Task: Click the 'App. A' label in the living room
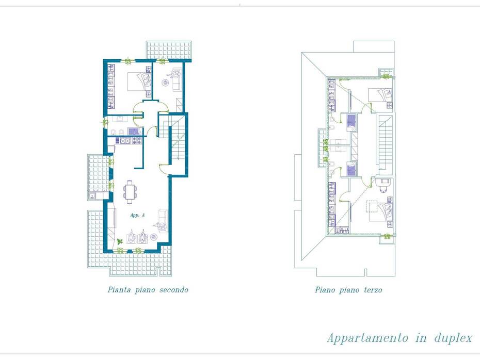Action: [x=137, y=215]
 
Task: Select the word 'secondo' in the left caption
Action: [x=173, y=290]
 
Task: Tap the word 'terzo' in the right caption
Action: [x=373, y=290]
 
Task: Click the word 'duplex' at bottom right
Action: [x=453, y=338]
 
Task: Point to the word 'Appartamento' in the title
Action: [x=367, y=338]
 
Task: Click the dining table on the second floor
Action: [x=130, y=192]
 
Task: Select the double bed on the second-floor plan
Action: [x=139, y=81]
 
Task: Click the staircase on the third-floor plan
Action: [x=386, y=142]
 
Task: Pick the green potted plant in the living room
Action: [x=120, y=241]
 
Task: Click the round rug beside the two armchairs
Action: [x=154, y=237]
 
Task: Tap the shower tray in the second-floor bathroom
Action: [x=134, y=132]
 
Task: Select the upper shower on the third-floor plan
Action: [x=351, y=123]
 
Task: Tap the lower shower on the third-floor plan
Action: [x=351, y=169]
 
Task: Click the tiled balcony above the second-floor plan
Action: [x=169, y=50]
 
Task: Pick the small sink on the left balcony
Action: [x=92, y=196]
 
